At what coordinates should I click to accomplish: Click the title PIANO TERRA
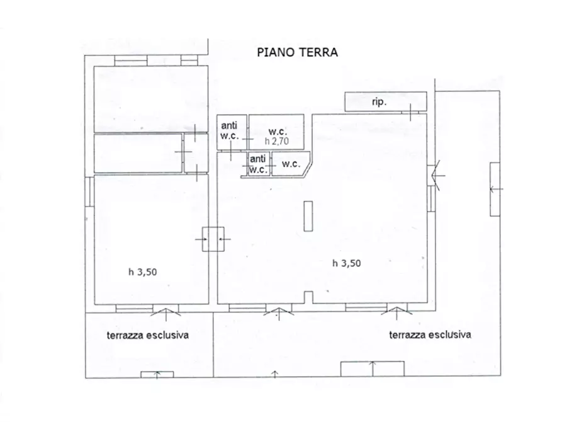pyautogui.click(x=297, y=52)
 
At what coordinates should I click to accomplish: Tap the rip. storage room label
pyautogui.click(x=379, y=101)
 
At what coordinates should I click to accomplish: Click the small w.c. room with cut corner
pyautogui.click(x=291, y=164)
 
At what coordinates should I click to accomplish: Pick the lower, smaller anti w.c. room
pyautogui.click(x=258, y=164)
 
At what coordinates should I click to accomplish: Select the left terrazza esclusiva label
pyautogui.click(x=147, y=335)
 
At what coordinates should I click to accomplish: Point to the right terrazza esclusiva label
pyautogui.click(x=430, y=334)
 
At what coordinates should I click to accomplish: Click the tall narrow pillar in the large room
pyautogui.click(x=307, y=216)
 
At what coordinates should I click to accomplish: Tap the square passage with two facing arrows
pyautogui.click(x=212, y=239)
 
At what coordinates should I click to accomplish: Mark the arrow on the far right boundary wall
pyautogui.click(x=495, y=188)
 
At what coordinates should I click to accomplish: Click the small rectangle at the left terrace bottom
pyautogui.click(x=157, y=375)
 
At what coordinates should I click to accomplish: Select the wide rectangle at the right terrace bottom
pyautogui.click(x=372, y=368)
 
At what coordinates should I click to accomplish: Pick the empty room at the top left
pyautogui.click(x=150, y=98)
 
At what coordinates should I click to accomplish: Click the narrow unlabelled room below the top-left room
pyautogui.click(x=138, y=153)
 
